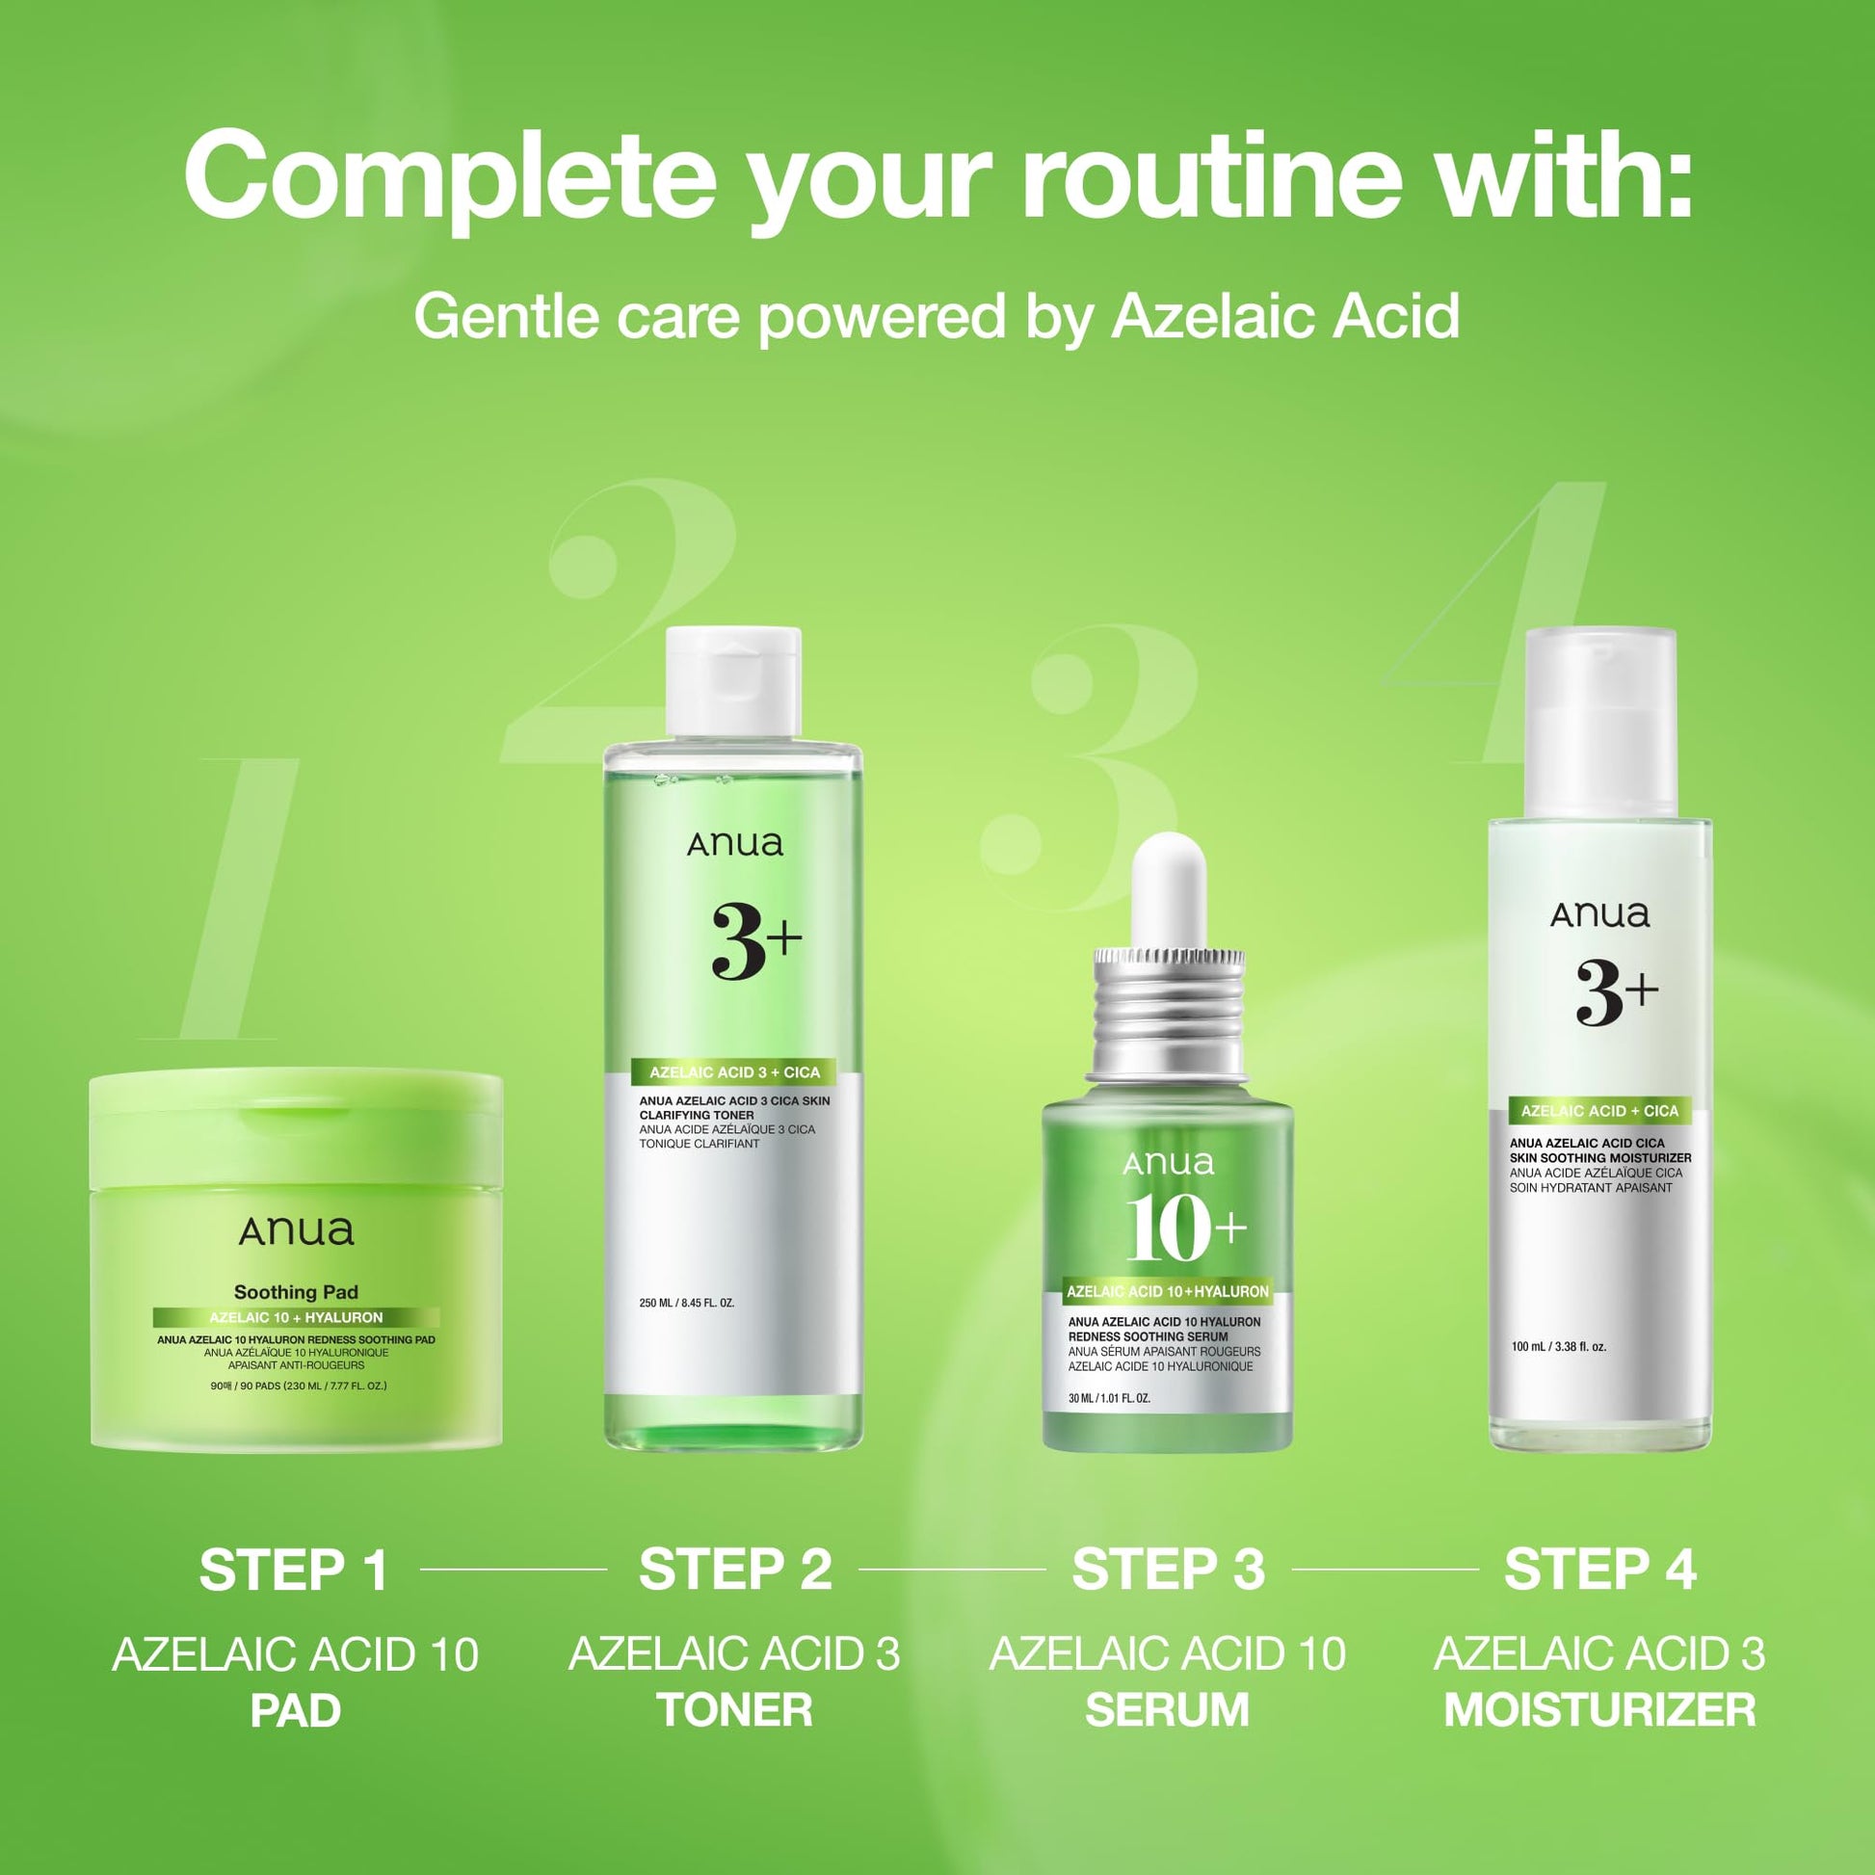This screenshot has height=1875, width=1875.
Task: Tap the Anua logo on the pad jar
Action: [x=296, y=1230]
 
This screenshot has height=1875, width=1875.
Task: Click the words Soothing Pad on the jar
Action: [x=296, y=1292]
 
